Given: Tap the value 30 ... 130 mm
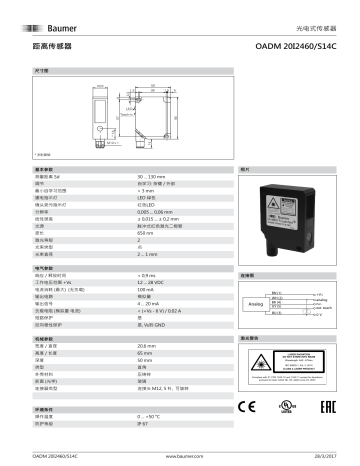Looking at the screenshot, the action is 153,176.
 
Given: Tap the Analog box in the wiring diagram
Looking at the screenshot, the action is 256,300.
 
